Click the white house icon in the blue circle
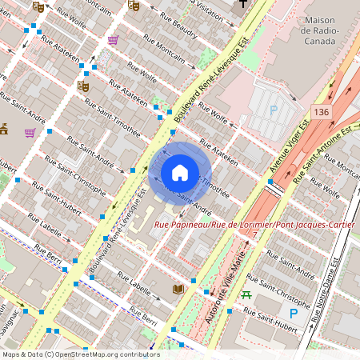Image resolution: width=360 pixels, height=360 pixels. coord(180,173)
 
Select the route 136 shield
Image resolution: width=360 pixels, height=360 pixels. coord(322,111)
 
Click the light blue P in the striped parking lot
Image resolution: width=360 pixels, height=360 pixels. coord(274,110)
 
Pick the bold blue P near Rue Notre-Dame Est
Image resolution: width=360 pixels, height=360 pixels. coord(294,314)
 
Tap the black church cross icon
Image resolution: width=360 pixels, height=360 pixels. coord(242,4)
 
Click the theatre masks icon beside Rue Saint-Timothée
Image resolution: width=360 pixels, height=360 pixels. coord(82,84)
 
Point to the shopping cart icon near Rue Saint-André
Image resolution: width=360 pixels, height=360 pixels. coord(30,132)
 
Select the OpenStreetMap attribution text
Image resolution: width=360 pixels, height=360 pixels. coord(81,354)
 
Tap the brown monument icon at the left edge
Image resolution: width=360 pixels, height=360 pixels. coord(3,128)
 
